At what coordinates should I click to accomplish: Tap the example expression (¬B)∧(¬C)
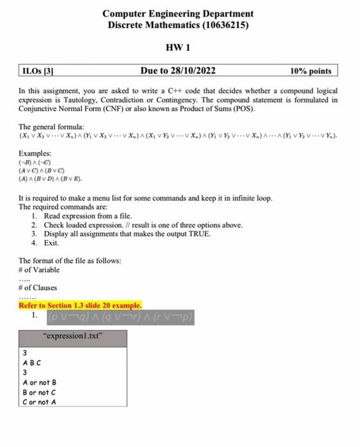(x=36, y=162)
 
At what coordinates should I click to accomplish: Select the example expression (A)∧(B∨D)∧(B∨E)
(x=50, y=179)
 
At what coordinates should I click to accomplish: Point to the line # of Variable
(x=39, y=269)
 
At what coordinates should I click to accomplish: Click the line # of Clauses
(x=38, y=287)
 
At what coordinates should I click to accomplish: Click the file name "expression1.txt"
(x=72, y=335)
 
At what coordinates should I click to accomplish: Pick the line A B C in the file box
(x=32, y=363)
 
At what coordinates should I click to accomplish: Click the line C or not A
(x=40, y=402)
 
